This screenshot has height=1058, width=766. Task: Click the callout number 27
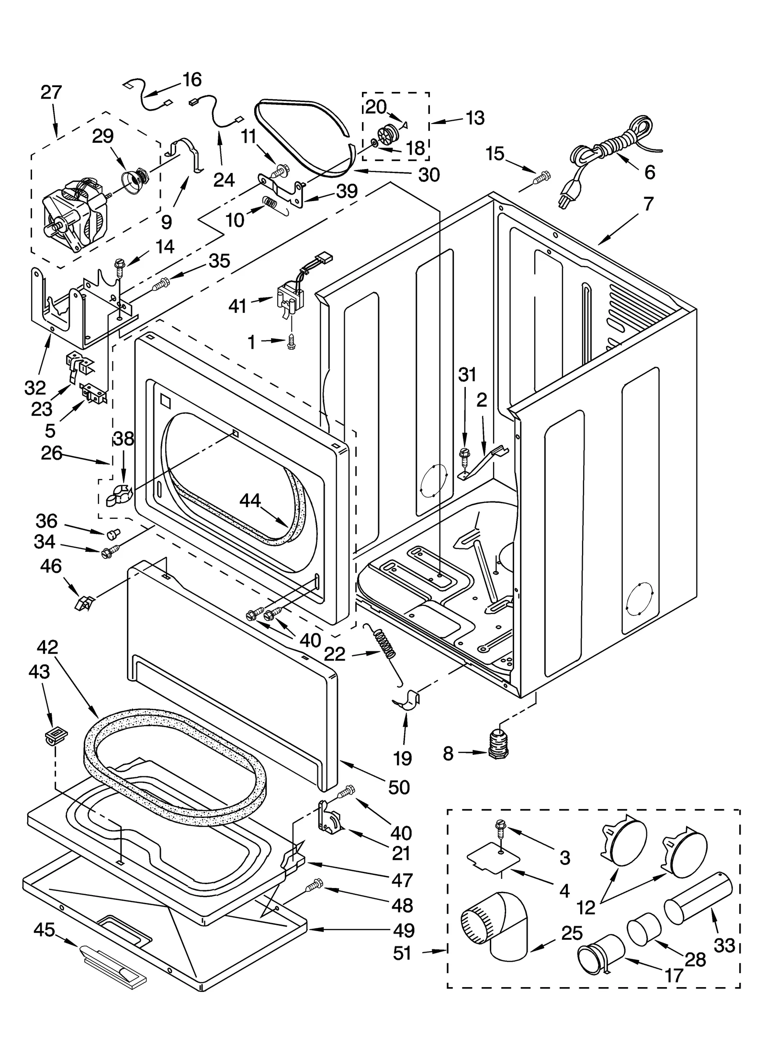(51, 92)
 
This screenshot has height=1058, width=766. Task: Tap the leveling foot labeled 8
(498, 744)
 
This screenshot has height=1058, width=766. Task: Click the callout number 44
(250, 501)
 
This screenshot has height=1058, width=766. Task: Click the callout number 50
(399, 787)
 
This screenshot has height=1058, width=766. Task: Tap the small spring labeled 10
(271, 203)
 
